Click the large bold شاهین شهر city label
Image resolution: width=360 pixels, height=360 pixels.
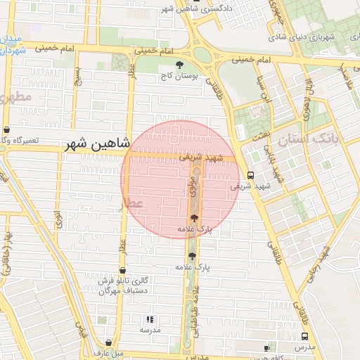pyautogui.click(x=97, y=143)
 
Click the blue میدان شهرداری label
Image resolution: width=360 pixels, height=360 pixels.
pyautogui.click(x=13, y=44)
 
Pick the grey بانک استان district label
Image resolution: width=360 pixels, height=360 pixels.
pyautogui.click(x=318, y=139)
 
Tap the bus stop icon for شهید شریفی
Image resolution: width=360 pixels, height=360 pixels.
pyautogui.click(x=251, y=175)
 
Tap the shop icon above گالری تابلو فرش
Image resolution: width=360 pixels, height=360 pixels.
pyautogui.click(x=122, y=270)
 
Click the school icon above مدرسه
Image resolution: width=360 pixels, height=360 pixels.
pyautogui.click(x=148, y=319)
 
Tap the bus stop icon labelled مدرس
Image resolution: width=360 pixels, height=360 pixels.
pyautogui.click(x=304, y=336)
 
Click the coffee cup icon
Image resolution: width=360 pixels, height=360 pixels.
pyautogui.click(x=266, y=348)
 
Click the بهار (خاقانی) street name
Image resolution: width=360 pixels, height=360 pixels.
pyautogui.click(x=7, y=246)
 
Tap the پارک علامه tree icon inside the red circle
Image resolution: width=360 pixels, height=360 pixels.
pyautogui.click(x=194, y=219)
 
